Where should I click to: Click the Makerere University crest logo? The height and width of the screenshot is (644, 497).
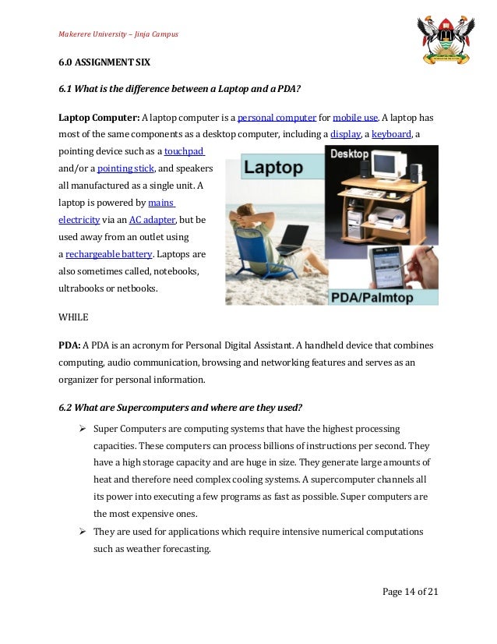(445, 40)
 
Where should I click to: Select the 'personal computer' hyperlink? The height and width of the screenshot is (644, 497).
(277, 118)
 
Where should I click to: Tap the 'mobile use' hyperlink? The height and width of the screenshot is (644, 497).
(355, 118)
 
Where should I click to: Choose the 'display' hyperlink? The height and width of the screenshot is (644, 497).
(345, 135)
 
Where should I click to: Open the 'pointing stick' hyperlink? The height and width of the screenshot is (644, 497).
(126, 169)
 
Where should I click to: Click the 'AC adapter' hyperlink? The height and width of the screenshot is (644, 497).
(152, 220)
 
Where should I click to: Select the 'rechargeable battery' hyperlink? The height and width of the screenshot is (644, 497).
(110, 254)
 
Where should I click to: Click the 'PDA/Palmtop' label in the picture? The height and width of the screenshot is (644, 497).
(382, 296)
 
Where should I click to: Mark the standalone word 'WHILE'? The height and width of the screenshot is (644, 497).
(74, 317)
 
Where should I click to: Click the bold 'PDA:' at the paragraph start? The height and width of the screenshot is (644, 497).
(69, 345)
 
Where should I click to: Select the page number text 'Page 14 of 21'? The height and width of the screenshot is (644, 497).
(410, 592)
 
